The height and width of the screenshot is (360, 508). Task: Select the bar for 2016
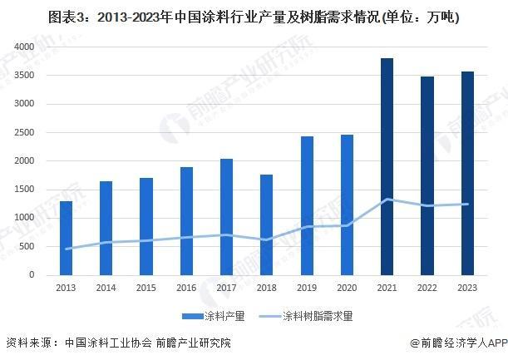click(x=186, y=221)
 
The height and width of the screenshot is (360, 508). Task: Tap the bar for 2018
click(x=266, y=224)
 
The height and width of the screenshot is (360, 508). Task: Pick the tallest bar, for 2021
click(x=387, y=166)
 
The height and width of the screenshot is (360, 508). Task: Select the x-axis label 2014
click(x=106, y=288)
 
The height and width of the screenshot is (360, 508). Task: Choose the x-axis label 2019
click(x=307, y=288)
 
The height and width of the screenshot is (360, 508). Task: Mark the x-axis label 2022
click(x=427, y=288)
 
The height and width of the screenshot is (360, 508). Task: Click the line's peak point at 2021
click(x=387, y=200)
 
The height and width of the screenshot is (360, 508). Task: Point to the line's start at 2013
click(x=66, y=249)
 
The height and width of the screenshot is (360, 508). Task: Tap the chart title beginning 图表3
click(x=254, y=16)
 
